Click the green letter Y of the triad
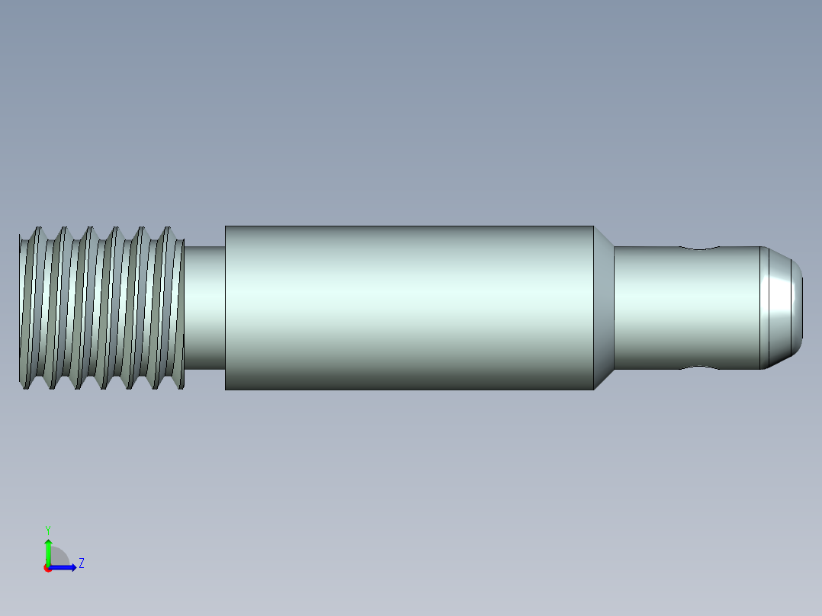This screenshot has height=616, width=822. pyautogui.click(x=47, y=529)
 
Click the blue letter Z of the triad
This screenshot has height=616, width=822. pyautogui.click(x=82, y=563)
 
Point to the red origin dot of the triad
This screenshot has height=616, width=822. pyautogui.click(x=47, y=568)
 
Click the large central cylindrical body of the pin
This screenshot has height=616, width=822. pyautogui.click(x=409, y=307)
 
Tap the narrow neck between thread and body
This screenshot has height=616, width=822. pyautogui.click(x=204, y=306)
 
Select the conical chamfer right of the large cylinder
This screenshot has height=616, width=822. pyautogui.click(x=604, y=307)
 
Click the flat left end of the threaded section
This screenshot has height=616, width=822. pyautogui.click(x=21, y=307)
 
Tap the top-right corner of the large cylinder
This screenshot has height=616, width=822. pyautogui.click(x=592, y=227)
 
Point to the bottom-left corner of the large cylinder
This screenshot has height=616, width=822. pyautogui.click(x=226, y=388)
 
